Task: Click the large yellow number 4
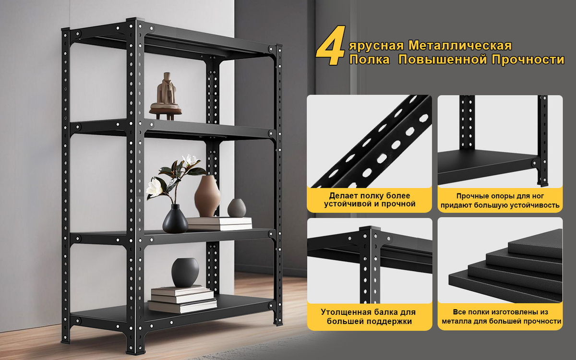tap(331, 46)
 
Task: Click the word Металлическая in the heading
tap(460, 46)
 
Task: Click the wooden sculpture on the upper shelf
tap(166, 96)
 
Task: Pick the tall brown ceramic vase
tap(207, 196)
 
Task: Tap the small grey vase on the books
tap(237, 208)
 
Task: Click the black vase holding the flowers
tap(175, 219)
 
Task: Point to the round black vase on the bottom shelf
tap(185, 272)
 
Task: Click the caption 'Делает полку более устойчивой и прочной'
tap(370, 200)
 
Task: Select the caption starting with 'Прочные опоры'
tap(500, 201)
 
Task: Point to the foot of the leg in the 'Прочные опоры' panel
tap(542, 183)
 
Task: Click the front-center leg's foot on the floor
tap(135, 351)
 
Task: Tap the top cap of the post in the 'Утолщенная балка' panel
tap(370, 228)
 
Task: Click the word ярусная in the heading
tap(377, 46)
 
